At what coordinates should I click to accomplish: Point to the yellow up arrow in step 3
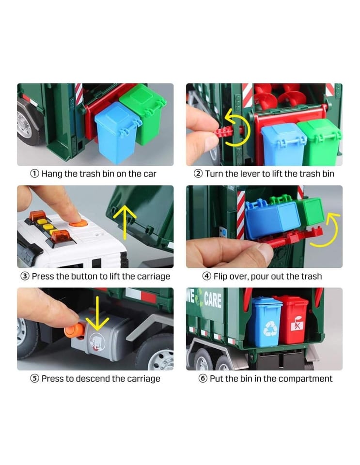click(125, 222)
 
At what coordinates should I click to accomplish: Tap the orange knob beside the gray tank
click(74, 330)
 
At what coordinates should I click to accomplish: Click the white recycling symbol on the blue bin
click(270, 328)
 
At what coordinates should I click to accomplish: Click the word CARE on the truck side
click(213, 299)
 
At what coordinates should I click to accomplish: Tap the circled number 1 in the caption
click(35, 173)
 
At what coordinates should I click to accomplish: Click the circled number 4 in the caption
click(207, 277)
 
